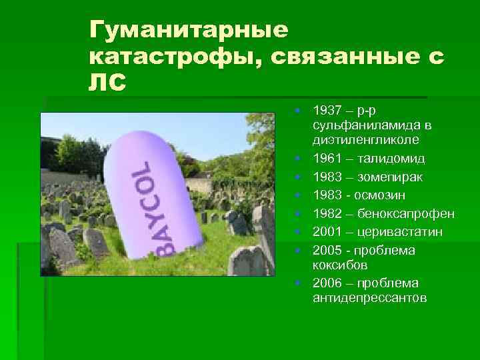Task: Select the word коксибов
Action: coord(338,265)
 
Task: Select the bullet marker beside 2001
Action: coord(301,231)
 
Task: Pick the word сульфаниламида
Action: coord(366,125)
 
